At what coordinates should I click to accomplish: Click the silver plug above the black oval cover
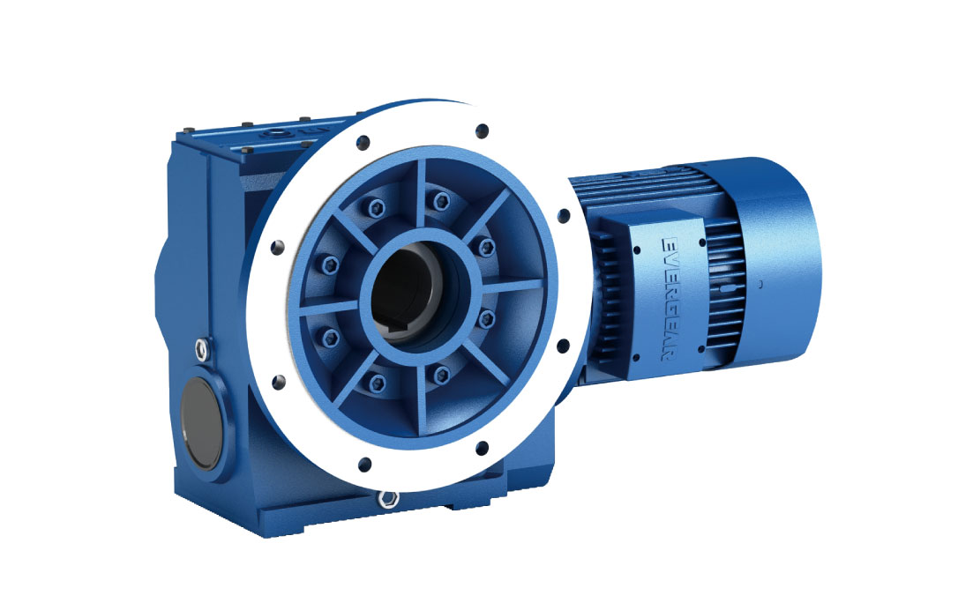202,350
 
